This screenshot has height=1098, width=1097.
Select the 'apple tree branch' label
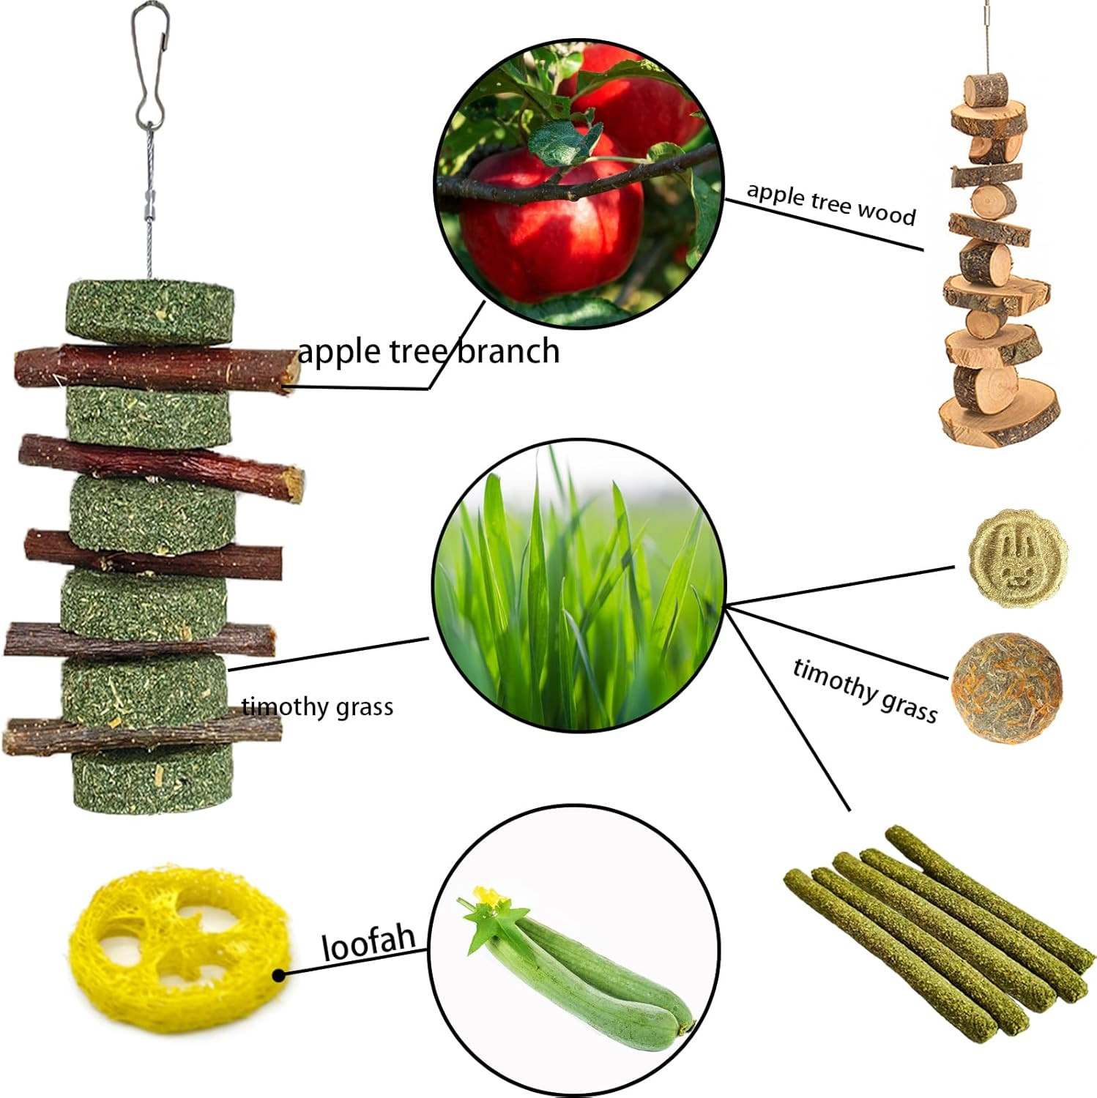[x=428, y=351]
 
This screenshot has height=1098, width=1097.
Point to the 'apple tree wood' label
[x=831, y=203]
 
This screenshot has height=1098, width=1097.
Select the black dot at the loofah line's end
[x=278, y=975]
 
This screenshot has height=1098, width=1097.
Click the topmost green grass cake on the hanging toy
[x=150, y=312]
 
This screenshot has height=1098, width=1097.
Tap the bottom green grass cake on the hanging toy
[x=149, y=780]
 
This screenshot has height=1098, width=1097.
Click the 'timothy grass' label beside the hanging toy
[x=317, y=707]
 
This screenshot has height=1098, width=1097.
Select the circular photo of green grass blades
[x=579, y=586]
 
